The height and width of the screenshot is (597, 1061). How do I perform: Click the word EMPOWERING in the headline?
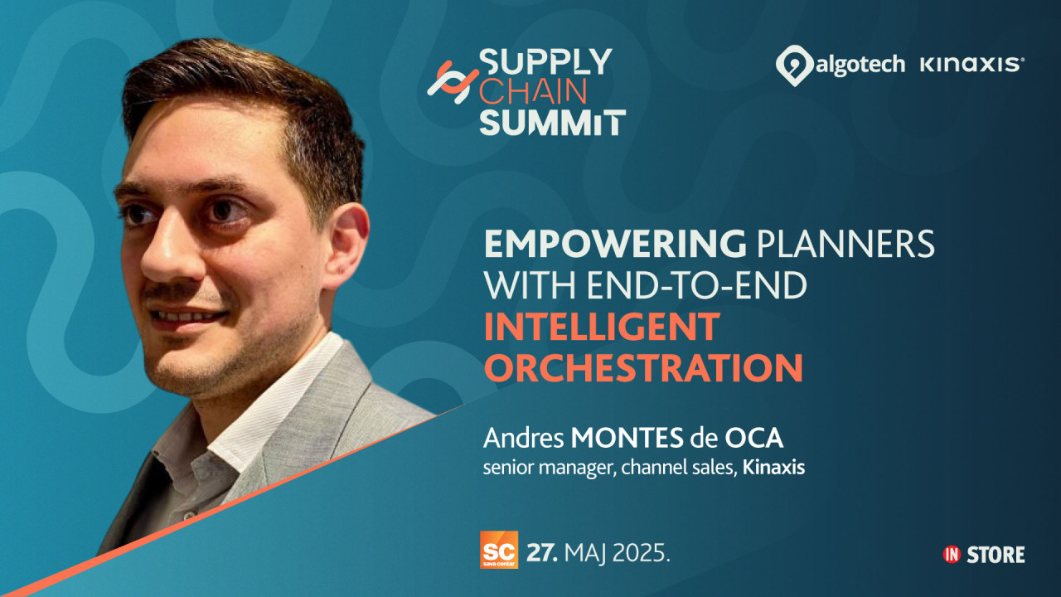(615, 244)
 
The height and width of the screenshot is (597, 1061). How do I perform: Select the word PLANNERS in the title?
(845, 244)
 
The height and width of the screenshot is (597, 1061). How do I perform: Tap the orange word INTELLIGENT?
(602, 327)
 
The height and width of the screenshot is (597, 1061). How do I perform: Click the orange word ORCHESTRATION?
(643, 367)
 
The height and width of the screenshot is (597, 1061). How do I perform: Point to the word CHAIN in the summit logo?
(533, 92)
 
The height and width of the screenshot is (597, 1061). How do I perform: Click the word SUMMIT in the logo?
(553, 122)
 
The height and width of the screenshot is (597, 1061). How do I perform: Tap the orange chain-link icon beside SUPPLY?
(453, 83)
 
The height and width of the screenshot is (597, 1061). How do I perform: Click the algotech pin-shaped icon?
(794, 66)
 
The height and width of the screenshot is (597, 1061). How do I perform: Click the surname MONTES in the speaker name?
(627, 439)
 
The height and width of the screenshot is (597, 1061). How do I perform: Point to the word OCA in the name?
(754, 439)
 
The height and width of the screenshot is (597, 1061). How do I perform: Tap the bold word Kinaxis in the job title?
(773, 468)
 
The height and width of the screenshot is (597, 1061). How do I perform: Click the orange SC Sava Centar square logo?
(499, 550)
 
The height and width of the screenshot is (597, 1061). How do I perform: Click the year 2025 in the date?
(642, 553)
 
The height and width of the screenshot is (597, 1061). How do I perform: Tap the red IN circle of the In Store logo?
(952, 555)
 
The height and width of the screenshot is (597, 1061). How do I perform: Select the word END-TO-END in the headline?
(697, 285)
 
